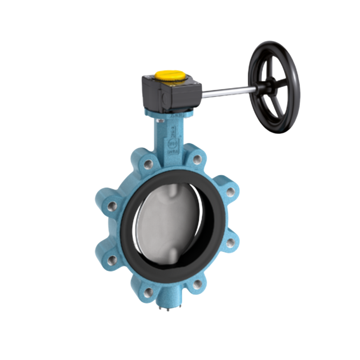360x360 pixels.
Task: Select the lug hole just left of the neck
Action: click(x=148, y=164)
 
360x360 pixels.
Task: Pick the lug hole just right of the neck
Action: click(x=197, y=159)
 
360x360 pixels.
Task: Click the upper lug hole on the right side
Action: click(x=230, y=192)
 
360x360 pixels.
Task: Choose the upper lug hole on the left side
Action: click(x=112, y=206)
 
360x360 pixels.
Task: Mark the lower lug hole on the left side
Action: click(x=112, y=260)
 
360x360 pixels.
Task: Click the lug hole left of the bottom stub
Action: click(x=148, y=293)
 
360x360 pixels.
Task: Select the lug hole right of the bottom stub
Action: click(x=198, y=284)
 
